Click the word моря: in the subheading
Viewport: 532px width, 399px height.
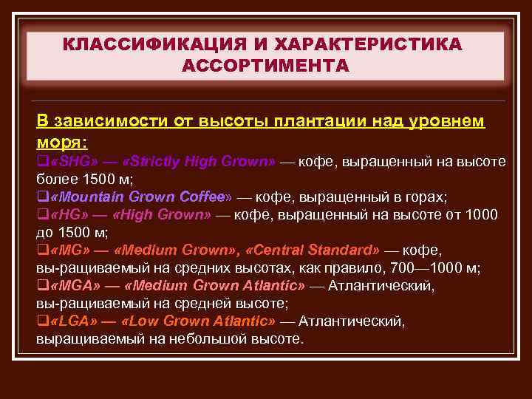[x=61, y=140]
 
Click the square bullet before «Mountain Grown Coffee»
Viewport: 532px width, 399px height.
[x=40, y=197]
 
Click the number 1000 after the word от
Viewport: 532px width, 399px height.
[x=482, y=214]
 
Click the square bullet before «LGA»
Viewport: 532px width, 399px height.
[x=40, y=321]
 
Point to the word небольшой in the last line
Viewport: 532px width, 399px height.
[x=204, y=339]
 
